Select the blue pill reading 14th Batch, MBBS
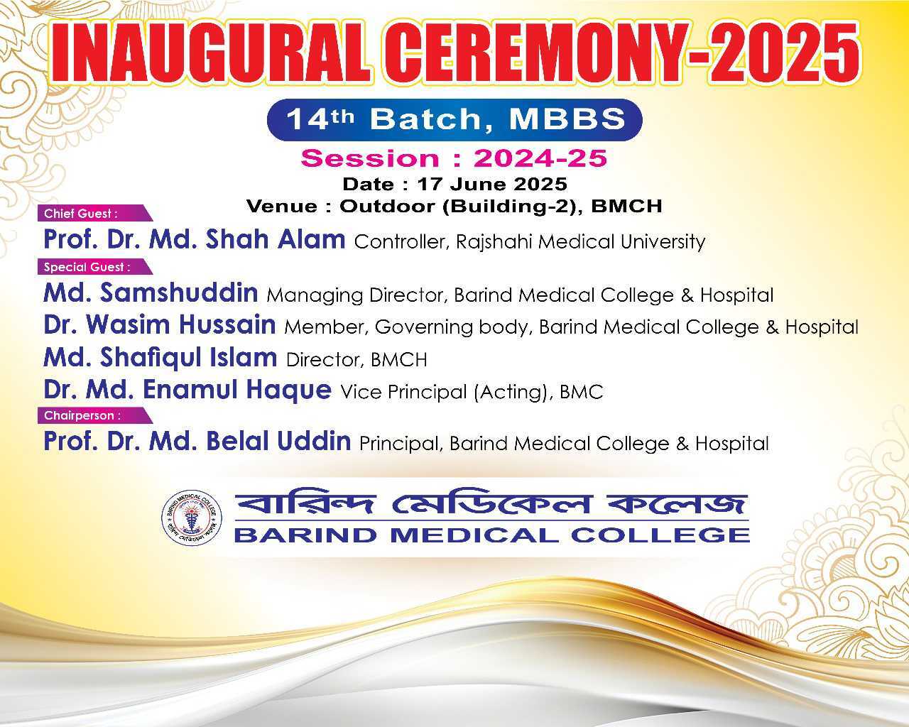[x=454, y=119]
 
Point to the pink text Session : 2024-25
[x=454, y=158]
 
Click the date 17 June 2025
[x=492, y=184]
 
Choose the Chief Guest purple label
[x=95, y=213]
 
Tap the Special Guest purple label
[x=95, y=267]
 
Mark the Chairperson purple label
[x=95, y=415]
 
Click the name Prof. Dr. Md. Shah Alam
[x=195, y=239]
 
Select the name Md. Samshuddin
[x=151, y=293]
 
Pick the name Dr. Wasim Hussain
[x=160, y=324]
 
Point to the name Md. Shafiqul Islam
[x=160, y=357]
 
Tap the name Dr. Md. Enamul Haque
[x=187, y=390]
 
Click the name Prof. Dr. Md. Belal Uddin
[x=197, y=441]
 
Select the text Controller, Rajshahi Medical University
[x=530, y=242]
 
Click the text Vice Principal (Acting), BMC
[x=472, y=392]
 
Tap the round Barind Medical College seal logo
[x=192, y=518]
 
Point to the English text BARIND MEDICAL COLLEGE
[x=492, y=535]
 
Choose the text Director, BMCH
[x=356, y=360]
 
